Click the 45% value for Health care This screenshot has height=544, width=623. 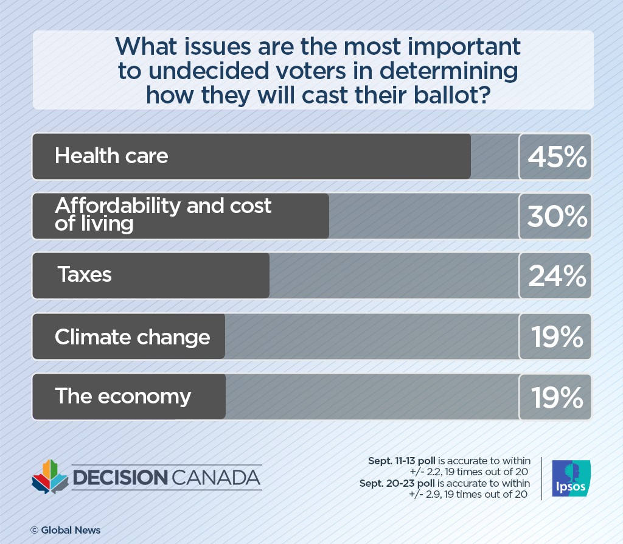point(556,157)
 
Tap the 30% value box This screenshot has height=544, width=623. point(556,217)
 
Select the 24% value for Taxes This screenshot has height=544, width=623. point(556,276)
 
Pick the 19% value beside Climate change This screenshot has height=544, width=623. point(556,337)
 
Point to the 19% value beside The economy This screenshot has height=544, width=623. point(556,397)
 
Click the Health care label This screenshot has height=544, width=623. point(111,156)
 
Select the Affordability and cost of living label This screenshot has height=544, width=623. point(162,214)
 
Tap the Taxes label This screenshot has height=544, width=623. point(85,274)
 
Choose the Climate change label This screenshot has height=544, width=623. point(132,337)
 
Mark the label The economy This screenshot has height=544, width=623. point(123,396)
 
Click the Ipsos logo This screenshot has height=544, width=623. point(571,478)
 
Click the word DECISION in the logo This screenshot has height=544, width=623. point(120,478)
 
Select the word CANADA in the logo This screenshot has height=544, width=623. point(215,478)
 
